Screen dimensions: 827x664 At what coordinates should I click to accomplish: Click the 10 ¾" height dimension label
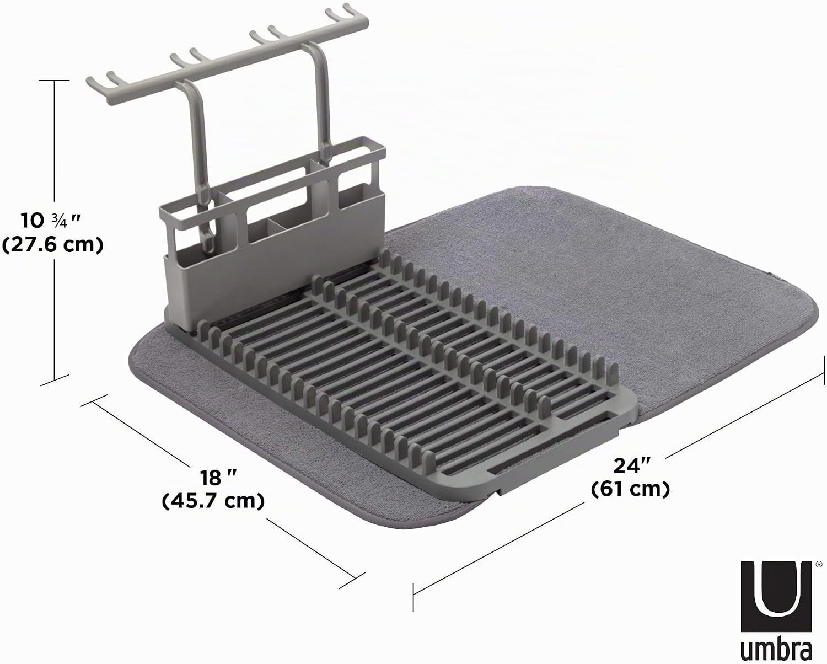click(x=51, y=221)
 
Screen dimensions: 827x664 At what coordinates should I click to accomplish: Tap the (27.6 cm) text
click(x=52, y=245)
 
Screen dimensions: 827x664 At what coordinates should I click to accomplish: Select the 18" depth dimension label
click(x=218, y=478)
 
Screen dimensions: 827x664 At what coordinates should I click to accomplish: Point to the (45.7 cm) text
click(x=213, y=501)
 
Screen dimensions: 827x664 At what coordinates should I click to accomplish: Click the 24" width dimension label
click(x=632, y=465)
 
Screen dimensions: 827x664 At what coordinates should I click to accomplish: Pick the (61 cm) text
click(x=631, y=489)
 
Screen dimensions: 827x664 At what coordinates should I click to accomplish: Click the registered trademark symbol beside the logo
click(x=819, y=564)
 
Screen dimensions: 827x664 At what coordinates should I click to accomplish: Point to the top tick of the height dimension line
click(x=54, y=81)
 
